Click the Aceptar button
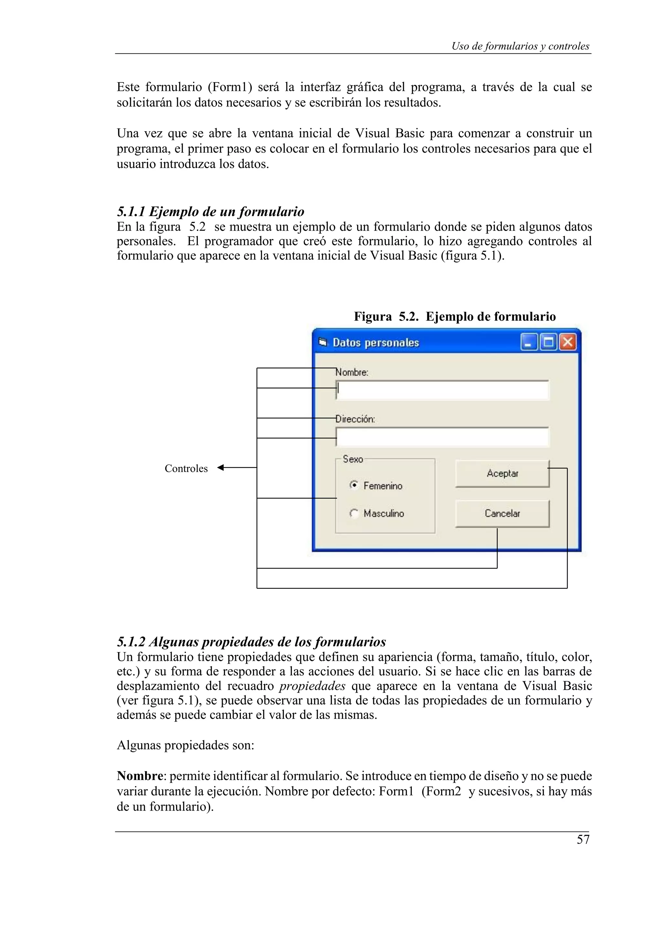tap(502, 473)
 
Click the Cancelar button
tap(502, 513)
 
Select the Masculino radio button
tap(354, 513)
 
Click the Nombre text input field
tap(443, 390)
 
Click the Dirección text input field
tap(443, 437)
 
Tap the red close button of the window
tap(567, 342)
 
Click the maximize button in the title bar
tap(548, 342)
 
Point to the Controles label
tap(186, 469)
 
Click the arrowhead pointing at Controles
tap(221, 468)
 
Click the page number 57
tap(583, 840)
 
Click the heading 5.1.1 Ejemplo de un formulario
tap(210, 212)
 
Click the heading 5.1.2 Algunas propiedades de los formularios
tap(251, 642)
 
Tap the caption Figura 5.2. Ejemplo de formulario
tap(454, 316)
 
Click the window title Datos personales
tap(376, 342)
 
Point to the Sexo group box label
tap(353, 459)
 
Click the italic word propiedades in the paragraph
tap(313, 686)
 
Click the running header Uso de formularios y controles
tap(520, 46)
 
